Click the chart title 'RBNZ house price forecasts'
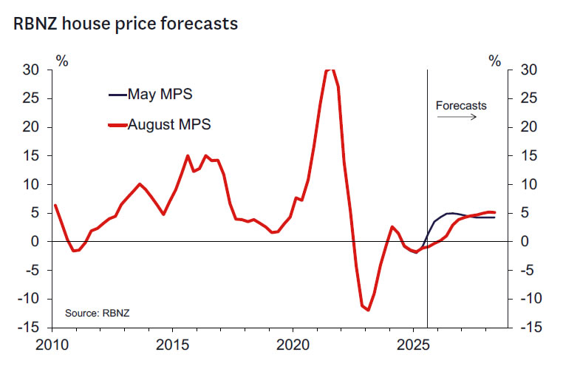[x=126, y=24]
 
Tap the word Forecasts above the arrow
[x=461, y=105]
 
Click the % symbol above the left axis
[x=62, y=61]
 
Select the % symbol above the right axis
[x=495, y=61]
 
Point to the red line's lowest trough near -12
[x=367, y=310]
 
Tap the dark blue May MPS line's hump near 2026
[x=451, y=214]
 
